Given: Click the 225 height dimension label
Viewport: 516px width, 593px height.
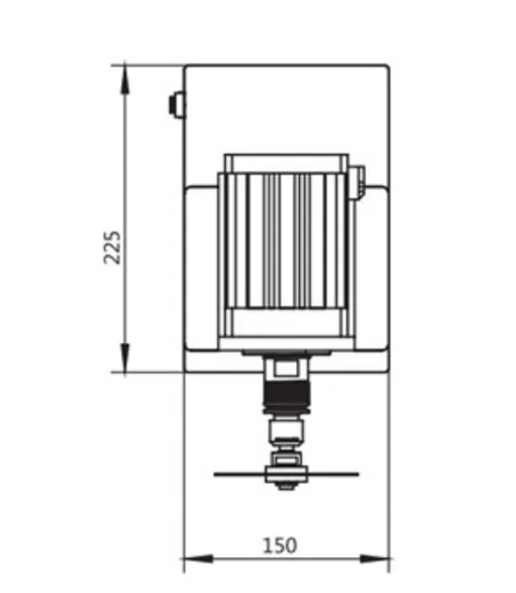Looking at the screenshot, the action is point(112,247).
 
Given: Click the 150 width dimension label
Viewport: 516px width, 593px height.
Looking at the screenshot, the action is point(279,545).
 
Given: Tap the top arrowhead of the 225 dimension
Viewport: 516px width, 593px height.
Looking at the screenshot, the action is point(125,80).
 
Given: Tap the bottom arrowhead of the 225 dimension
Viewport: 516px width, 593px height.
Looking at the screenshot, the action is point(125,358).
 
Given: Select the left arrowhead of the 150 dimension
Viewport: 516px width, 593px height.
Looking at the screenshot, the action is point(199,558).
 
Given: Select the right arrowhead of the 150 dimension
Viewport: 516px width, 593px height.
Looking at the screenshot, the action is point(374,558).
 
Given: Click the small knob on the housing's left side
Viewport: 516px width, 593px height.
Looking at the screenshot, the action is point(176,104).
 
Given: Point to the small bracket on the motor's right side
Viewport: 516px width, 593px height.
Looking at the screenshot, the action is point(357,182).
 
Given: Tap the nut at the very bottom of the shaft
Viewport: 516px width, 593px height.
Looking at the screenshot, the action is point(286,486).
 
